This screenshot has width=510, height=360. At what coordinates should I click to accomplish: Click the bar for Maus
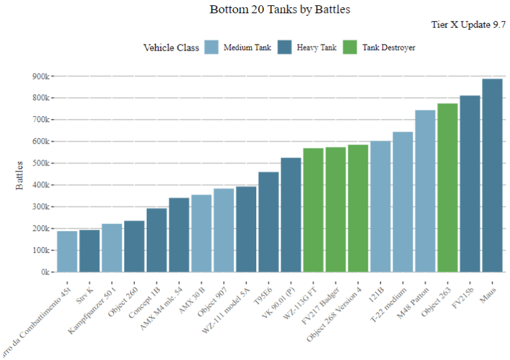(492, 175)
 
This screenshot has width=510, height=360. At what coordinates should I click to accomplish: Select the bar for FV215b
(469, 184)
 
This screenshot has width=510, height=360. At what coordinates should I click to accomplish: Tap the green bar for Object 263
(448, 188)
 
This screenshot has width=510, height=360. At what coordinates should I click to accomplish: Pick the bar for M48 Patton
(425, 191)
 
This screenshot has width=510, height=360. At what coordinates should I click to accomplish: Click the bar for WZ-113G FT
(313, 210)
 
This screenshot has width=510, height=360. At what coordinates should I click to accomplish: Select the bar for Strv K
(90, 251)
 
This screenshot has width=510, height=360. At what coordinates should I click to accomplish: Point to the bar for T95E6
(268, 222)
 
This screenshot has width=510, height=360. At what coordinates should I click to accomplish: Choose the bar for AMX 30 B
(201, 233)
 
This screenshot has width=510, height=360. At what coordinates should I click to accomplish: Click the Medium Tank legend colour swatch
(211, 47)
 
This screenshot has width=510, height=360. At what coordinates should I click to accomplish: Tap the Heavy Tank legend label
(317, 47)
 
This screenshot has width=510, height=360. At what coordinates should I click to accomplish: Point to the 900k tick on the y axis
(41, 76)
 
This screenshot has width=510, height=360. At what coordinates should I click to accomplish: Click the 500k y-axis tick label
(41, 163)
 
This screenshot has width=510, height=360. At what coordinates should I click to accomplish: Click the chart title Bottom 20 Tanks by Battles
(280, 9)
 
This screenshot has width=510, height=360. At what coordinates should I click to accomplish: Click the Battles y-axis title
(20, 175)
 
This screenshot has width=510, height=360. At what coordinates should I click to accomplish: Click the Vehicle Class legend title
(171, 47)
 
